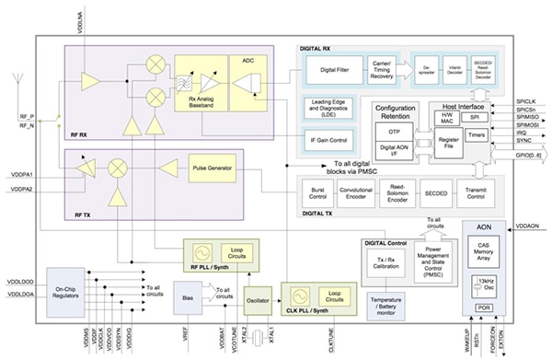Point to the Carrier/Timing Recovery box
tap(382, 67)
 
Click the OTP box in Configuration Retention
tap(394, 133)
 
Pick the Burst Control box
tap(318, 193)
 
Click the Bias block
tap(188, 296)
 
